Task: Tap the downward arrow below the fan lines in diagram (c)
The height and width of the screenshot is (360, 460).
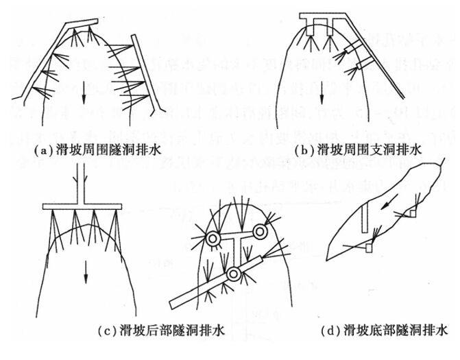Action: coord(86,272)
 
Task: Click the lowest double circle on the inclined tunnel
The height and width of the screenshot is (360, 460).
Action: coord(235,274)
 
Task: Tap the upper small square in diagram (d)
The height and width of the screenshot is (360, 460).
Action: coord(412,215)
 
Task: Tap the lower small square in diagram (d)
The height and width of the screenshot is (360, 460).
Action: coord(369,248)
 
